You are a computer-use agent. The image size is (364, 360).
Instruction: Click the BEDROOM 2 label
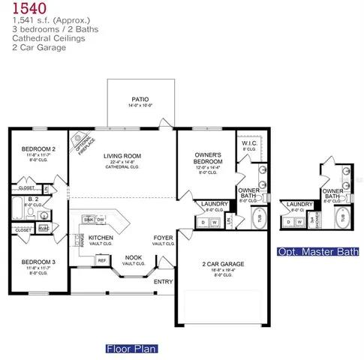[37, 148]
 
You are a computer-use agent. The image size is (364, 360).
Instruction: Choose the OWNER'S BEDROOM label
[206, 159]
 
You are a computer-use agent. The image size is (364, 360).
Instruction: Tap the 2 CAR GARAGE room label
[224, 263]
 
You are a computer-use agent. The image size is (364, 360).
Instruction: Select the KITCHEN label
[101, 237]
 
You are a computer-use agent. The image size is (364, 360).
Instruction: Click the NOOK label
[134, 256]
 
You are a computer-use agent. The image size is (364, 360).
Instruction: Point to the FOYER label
[164, 237]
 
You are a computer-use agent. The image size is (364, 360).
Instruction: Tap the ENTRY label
[163, 282]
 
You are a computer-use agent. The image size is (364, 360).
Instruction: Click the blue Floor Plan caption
[131, 349]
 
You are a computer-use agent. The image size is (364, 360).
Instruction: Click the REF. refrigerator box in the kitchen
[101, 259]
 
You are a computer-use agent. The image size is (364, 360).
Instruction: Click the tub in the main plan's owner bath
[260, 217]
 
